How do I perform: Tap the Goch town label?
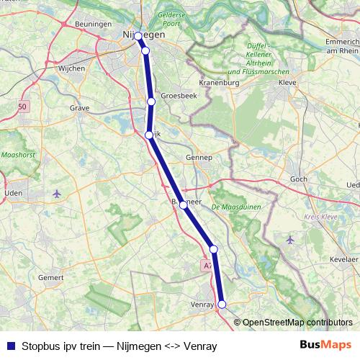(297, 179)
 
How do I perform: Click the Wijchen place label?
(72, 68)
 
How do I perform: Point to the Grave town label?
(79, 108)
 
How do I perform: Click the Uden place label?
(13, 193)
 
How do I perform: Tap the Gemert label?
(51, 277)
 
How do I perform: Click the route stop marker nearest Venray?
(222, 305)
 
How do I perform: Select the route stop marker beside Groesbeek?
(151, 102)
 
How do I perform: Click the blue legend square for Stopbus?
(10, 345)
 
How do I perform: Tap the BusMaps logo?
(325, 344)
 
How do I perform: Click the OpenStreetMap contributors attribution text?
(297, 323)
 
